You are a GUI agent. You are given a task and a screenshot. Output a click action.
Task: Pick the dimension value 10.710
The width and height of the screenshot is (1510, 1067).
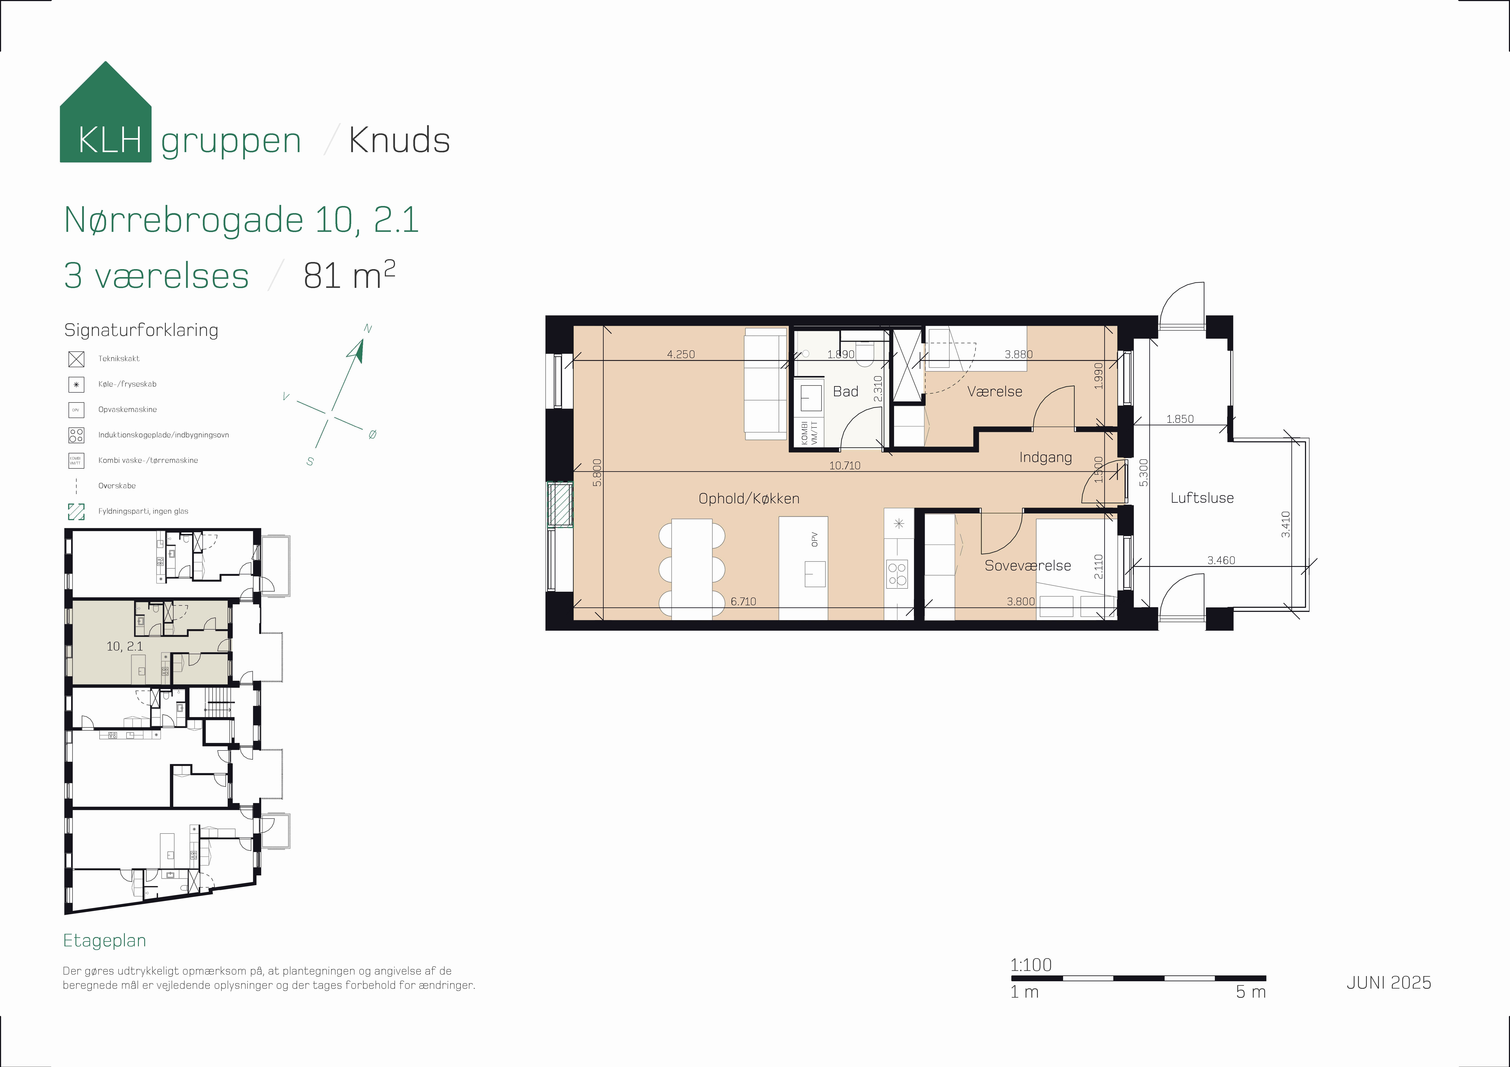click(844, 465)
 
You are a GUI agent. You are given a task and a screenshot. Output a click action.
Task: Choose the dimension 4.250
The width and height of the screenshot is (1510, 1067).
click(681, 354)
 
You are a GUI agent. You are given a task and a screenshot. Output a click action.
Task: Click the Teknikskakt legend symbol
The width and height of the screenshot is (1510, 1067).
click(76, 359)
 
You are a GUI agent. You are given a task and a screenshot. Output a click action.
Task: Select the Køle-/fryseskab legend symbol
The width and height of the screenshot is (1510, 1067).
click(76, 385)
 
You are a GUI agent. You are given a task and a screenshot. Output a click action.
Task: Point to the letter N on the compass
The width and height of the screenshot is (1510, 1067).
click(368, 329)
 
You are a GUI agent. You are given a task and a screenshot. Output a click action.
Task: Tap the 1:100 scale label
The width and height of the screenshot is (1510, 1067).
click(1031, 965)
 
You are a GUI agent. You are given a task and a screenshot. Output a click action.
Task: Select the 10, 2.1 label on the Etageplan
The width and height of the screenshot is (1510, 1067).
click(124, 646)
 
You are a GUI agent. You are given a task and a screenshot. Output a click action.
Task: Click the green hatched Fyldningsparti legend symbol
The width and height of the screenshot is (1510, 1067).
click(76, 512)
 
